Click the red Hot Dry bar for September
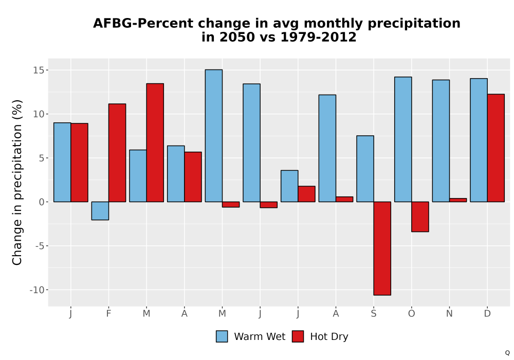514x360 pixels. click(x=382, y=248)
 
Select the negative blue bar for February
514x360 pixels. click(x=100, y=211)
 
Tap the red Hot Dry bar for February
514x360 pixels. click(x=117, y=153)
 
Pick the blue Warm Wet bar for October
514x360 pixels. click(x=403, y=139)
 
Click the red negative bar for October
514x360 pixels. click(x=420, y=217)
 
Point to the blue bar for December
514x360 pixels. click(x=479, y=140)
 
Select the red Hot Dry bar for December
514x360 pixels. click(x=495, y=148)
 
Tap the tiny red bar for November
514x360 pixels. click(x=458, y=200)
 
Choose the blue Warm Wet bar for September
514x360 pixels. click(x=365, y=169)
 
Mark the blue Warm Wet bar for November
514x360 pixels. click(x=441, y=140)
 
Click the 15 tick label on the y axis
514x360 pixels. click(x=39, y=70)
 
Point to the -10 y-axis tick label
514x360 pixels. click(x=36, y=290)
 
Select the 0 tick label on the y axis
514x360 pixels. click(x=41, y=202)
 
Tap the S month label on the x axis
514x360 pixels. click(x=374, y=314)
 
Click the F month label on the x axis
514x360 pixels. click(x=108, y=314)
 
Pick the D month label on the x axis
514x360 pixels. click(x=487, y=314)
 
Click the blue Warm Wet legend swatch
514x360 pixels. click(x=222, y=336)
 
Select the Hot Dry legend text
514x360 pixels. click(x=329, y=337)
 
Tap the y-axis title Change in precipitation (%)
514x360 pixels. click(x=17, y=182)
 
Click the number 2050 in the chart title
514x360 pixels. click(x=236, y=37)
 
